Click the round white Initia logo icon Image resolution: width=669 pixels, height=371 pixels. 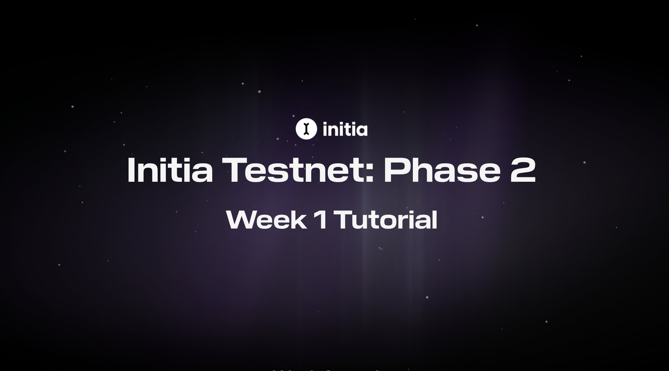306,129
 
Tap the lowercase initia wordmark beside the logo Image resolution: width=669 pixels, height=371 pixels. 345,129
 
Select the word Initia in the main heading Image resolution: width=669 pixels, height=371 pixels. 170,170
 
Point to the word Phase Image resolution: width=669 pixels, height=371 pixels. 442,170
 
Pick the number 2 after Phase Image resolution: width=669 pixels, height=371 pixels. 522,170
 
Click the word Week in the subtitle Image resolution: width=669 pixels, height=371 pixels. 266,220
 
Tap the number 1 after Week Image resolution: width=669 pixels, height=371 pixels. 320,220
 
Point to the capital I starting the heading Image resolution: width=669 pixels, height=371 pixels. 130,170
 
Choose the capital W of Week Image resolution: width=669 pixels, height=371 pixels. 239,220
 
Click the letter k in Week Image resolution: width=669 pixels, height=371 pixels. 299,220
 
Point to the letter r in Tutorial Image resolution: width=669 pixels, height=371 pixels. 405,221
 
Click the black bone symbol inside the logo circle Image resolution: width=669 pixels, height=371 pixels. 306,129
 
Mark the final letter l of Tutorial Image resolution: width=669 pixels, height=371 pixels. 434,220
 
